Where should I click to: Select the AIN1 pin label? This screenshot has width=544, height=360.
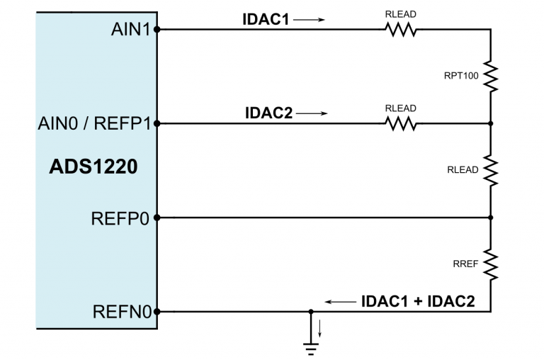(x=131, y=30)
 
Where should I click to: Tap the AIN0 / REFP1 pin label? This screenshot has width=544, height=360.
(x=95, y=123)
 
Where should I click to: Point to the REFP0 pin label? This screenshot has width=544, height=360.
(x=120, y=218)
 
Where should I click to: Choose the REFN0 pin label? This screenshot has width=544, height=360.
(x=120, y=311)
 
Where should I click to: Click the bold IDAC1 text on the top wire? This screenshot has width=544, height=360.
(x=266, y=20)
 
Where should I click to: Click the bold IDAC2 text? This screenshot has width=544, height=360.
(x=268, y=113)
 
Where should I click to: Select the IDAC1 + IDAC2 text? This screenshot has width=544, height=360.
(x=417, y=300)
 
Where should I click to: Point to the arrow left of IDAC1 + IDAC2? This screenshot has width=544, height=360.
(x=341, y=301)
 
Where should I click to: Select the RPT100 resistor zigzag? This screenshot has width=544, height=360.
(x=490, y=76)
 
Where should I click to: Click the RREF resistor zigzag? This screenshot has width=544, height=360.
(x=490, y=264)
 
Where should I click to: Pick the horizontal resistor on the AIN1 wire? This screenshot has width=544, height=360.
(x=400, y=30)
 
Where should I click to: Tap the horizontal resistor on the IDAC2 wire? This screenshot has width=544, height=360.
(x=400, y=123)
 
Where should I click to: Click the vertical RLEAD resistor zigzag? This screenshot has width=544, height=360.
(x=490, y=170)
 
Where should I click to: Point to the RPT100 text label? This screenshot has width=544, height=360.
(x=461, y=76)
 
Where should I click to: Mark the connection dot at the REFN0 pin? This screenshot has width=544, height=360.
(x=157, y=311)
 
